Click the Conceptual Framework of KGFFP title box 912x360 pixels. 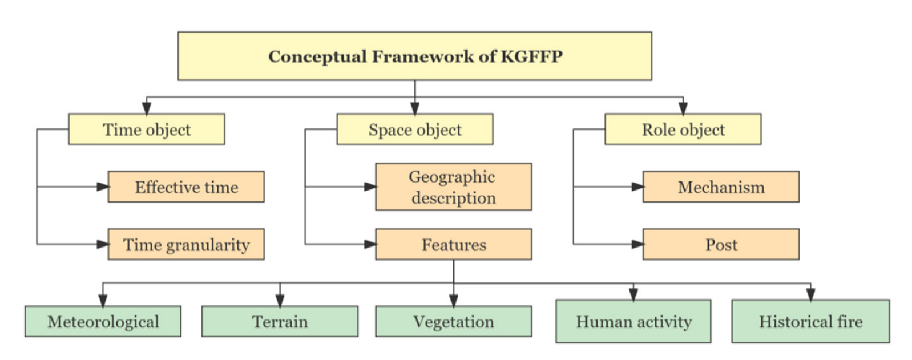pyautogui.click(x=414, y=56)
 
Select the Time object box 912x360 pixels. pyautogui.click(x=146, y=130)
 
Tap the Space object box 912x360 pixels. pyautogui.click(x=414, y=130)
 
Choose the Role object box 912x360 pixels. pyautogui.click(x=683, y=130)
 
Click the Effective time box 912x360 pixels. pyautogui.click(x=186, y=187)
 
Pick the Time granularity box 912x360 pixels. pyautogui.click(x=186, y=245)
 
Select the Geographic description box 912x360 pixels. pyautogui.click(x=453, y=187)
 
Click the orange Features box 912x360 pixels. pyautogui.click(x=453, y=245)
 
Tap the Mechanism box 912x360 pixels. pyautogui.click(x=721, y=187)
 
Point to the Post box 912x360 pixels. pyautogui.click(x=721, y=245)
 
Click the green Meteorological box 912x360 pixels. pyautogui.click(x=103, y=322)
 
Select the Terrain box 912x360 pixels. pyautogui.click(x=280, y=322)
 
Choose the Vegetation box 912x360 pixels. pyautogui.click(x=453, y=322)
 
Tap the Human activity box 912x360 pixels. pyautogui.click(x=633, y=322)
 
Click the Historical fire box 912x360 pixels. pyautogui.click(x=810, y=322)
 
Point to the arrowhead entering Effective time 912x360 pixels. pyautogui.click(x=103, y=187)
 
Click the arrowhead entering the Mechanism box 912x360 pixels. pyautogui.click(x=637, y=187)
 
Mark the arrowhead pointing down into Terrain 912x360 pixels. pyautogui.click(x=280, y=301)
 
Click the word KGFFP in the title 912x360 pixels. pyautogui.click(x=531, y=56)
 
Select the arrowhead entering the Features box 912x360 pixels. pyautogui.click(x=370, y=244)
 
